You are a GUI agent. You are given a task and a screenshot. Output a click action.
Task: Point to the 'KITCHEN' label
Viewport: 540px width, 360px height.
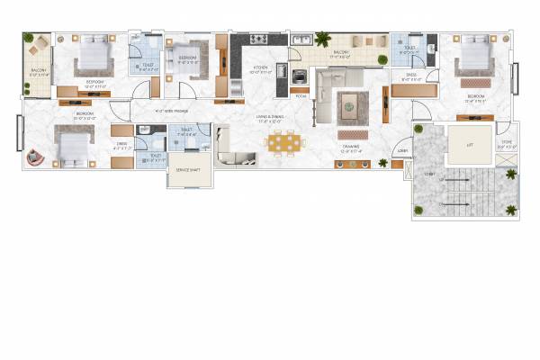pyautogui.click(x=260, y=68)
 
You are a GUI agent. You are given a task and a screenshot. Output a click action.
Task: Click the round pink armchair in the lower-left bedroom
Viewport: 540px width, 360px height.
pyautogui.click(x=34, y=157)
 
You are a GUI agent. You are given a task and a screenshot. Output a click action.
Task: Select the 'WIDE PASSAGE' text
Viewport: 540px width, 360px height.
pyautogui.click(x=170, y=112)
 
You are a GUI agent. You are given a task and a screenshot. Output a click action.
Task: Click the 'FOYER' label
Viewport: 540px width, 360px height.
pyautogui.click(x=301, y=94)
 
